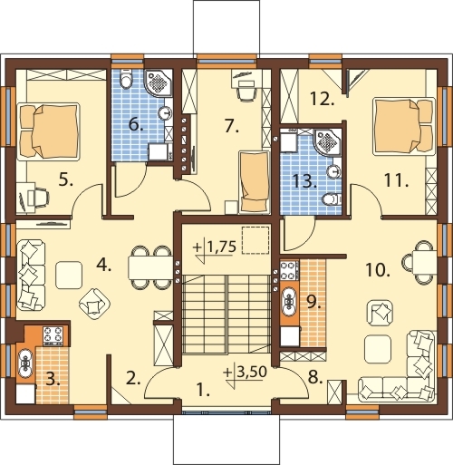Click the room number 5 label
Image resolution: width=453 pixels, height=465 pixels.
coord(66,180)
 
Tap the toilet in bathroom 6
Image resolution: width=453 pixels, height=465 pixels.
coord(126,79)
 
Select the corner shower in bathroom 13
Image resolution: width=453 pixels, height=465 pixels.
coord(327,142)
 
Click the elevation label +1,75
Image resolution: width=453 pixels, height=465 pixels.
coord(215,247)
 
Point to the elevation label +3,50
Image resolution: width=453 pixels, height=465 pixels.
coord(246,373)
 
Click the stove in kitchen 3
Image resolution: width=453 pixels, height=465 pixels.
coord(53,335)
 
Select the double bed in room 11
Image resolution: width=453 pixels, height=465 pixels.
coord(403,126)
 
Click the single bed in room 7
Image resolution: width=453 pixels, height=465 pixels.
coord(254,182)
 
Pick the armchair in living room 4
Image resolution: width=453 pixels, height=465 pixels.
coord(94,305)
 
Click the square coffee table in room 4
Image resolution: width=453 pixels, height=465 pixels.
coord(69,275)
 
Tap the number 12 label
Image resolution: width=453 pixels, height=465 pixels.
coord(323,99)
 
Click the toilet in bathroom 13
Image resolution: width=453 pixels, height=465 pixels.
coord(332,199)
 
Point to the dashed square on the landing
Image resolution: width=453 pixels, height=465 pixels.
coord(255,239)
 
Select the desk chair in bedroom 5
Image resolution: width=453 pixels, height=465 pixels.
coord(41,197)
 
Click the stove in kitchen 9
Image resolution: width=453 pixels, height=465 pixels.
coord(289,270)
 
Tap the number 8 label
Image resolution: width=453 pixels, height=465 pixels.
coord(315,377)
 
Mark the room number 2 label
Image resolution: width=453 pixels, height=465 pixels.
coord(133,378)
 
